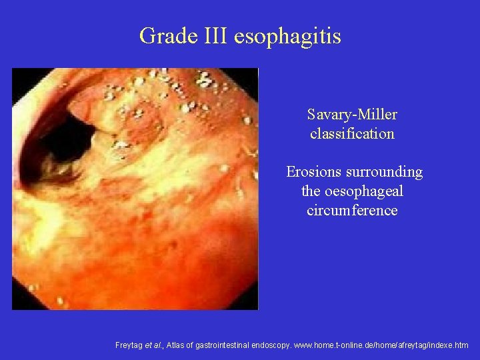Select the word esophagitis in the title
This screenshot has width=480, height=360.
click(x=287, y=37)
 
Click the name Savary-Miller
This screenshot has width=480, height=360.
click(x=352, y=115)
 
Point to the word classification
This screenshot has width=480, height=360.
click(x=352, y=133)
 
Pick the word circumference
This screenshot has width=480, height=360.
click(x=352, y=211)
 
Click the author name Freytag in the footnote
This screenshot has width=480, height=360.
click(x=130, y=345)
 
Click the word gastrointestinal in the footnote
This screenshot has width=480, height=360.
click(x=230, y=345)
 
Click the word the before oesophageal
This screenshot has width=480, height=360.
click(x=312, y=191)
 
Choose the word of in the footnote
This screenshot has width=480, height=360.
click(x=198, y=345)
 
